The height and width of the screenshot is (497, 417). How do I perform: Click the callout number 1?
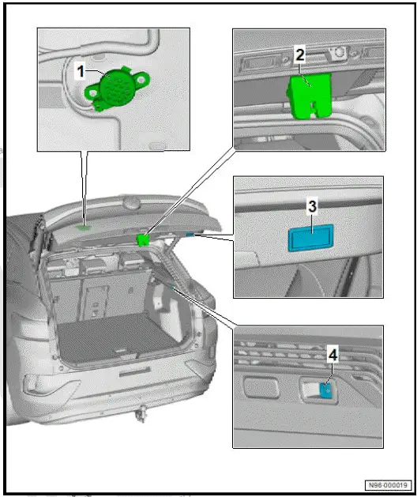pyautogui.click(x=80, y=70)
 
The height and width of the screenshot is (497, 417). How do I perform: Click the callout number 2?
pyautogui.click(x=299, y=55)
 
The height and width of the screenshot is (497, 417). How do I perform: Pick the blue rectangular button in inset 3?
pyautogui.click(x=311, y=235)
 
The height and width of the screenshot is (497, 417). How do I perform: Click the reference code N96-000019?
pyautogui.click(x=388, y=484)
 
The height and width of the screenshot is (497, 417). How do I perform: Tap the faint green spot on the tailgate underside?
pyautogui.click(x=83, y=226)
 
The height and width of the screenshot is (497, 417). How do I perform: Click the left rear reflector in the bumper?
pyautogui.click(x=35, y=386)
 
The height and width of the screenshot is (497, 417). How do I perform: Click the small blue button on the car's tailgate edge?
pyautogui.click(x=190, y=234)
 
